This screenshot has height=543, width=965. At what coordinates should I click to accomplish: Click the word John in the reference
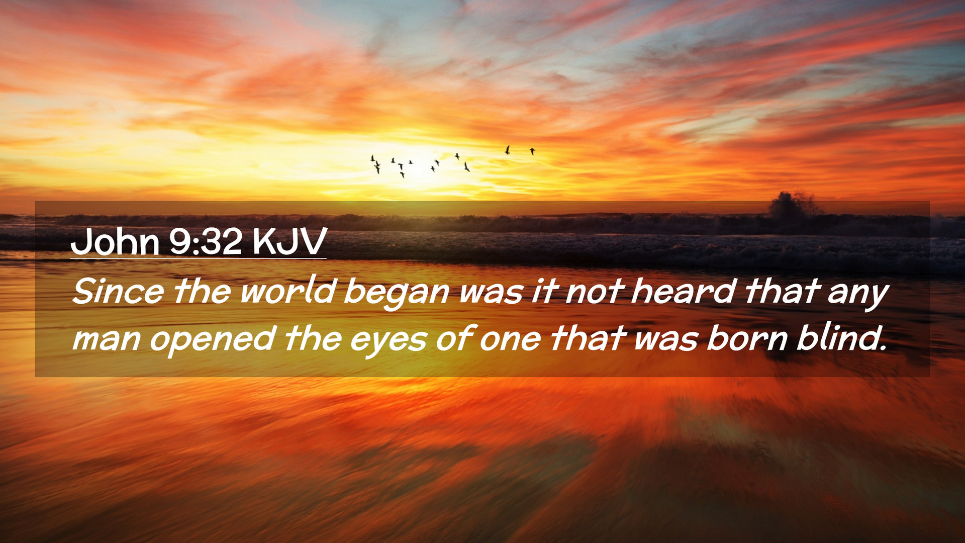(115, 242)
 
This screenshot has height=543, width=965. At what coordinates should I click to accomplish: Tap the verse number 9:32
(206, 242)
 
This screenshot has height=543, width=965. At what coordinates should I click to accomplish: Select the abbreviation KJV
(289, 242)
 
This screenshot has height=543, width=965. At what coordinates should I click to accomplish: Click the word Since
(118, 291)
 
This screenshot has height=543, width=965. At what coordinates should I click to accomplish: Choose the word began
(396, 293)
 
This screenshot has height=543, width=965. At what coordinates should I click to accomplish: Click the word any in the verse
(858, 294)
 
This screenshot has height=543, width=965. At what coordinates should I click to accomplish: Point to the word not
(595, 292)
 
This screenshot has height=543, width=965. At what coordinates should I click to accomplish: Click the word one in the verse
(510, 340)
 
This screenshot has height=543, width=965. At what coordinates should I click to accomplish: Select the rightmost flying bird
(532, 151)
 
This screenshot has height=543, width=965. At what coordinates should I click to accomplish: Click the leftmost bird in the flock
(372, 158)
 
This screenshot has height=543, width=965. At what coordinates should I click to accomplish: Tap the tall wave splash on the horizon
(793, 205)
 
